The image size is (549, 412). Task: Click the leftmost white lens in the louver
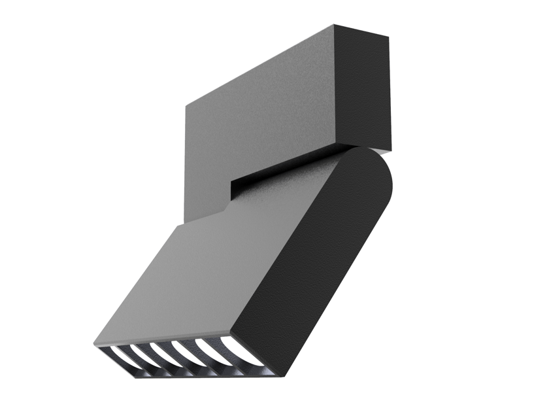[x=118, y=354]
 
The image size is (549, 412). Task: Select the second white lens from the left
[x=139, y=352]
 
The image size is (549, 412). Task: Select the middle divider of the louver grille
[x=174, y=354]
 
